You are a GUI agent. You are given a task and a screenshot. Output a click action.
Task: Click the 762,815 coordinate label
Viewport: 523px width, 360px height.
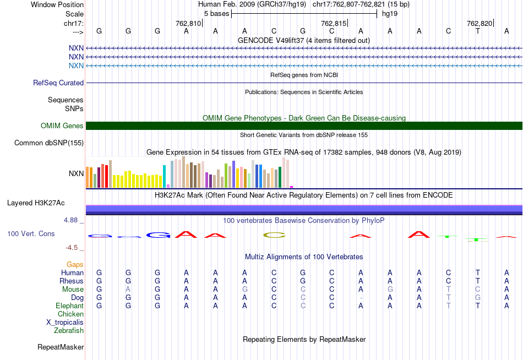[x=334, y=23]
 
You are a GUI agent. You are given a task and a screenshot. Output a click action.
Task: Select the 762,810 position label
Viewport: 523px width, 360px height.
[x=188, y=23]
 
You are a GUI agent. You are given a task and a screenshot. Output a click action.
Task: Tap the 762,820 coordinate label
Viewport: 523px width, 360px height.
[x=479, y=23]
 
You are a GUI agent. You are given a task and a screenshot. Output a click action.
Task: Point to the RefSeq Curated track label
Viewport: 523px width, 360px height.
[x=58, y=83]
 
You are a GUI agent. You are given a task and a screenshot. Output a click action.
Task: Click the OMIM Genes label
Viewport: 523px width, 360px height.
[x=62, y=126]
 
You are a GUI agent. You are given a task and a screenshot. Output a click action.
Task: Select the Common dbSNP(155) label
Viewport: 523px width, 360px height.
[x=48, y=143]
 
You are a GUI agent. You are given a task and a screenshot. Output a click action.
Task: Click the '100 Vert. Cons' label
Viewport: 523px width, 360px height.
[x=31, y=233]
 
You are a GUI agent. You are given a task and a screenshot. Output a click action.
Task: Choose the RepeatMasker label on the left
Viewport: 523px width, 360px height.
[x=61, y=347]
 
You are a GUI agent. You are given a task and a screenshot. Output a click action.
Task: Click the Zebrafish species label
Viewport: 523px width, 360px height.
[x=69, y=330]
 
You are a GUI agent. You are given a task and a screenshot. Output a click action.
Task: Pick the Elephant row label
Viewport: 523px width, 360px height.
[x=69, y=306]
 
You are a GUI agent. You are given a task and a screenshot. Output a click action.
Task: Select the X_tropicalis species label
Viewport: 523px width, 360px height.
[x=65, y=322]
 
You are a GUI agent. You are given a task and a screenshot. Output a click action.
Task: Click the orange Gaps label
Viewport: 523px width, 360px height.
[x=75, y=265]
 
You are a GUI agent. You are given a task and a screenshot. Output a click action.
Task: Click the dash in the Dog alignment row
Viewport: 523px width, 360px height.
[x=361, y=298]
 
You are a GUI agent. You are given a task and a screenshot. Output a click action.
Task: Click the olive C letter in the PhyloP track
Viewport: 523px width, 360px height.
[x=275, y=235]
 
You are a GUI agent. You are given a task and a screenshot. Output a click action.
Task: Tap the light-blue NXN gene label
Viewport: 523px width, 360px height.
[x=76, y=66]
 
